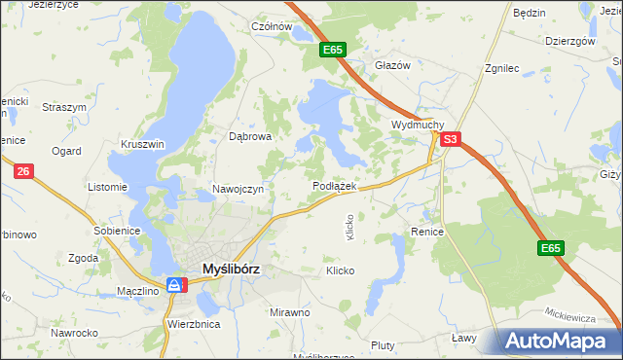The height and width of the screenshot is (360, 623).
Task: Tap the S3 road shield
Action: [449, 140]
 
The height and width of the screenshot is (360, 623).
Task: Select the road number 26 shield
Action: [24, 171]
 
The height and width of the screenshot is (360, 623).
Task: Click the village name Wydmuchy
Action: [418, 126]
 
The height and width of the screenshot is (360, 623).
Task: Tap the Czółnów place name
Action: [272, 27]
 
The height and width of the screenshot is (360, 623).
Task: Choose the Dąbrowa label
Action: [249, 137]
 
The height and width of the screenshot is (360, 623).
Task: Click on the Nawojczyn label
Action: [238, 189]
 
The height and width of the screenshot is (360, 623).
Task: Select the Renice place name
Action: [427, 233]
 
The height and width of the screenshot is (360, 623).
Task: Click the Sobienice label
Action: [118, 231]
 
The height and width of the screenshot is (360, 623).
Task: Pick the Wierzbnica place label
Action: [193, 323]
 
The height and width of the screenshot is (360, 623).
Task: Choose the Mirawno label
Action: [289, 312]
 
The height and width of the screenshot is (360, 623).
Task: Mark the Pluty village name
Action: [383, 345]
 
